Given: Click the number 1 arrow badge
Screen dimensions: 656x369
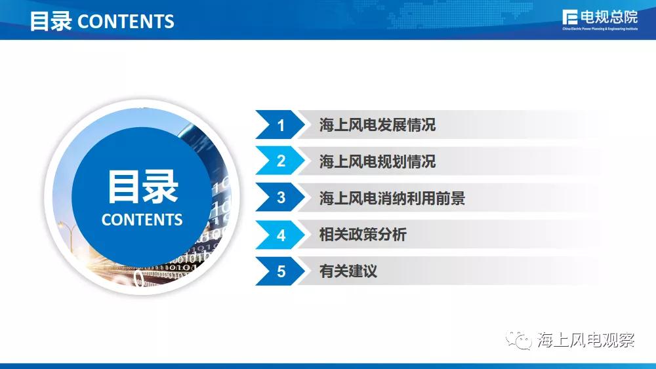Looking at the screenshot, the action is point(280,125).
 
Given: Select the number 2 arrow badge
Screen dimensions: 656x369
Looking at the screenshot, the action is point(280,161).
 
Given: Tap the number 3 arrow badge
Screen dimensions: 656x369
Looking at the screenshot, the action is point(280,198).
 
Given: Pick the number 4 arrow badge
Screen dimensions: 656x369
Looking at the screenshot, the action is point(280,235).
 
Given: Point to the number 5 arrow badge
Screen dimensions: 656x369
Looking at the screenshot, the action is point(280,271).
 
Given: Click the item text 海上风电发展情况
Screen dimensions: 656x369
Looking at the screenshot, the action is point(377,125).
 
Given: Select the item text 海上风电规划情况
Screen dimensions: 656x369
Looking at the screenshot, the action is point(377,161).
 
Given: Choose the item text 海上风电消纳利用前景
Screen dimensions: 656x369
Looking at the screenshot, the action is point(392,198).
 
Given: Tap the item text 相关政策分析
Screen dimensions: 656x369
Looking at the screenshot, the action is point(363,235).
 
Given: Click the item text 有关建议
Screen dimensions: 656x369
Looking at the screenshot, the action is point(348,271).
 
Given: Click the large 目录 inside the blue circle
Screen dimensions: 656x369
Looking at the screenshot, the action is point(142,187).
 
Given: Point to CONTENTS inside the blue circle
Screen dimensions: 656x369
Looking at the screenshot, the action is point(142,220).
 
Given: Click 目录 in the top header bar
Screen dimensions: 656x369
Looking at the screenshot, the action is point(51,21).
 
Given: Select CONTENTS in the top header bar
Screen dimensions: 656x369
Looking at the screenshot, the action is point(126,22).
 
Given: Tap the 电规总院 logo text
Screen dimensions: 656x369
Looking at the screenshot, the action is point(609,17).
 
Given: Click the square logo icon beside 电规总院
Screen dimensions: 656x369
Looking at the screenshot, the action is point(570,18).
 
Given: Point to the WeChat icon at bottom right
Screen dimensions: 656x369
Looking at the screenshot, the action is point(519,340).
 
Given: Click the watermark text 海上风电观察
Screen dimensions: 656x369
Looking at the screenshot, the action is point(586,340).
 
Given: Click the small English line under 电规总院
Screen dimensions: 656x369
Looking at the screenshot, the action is point(600,29).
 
